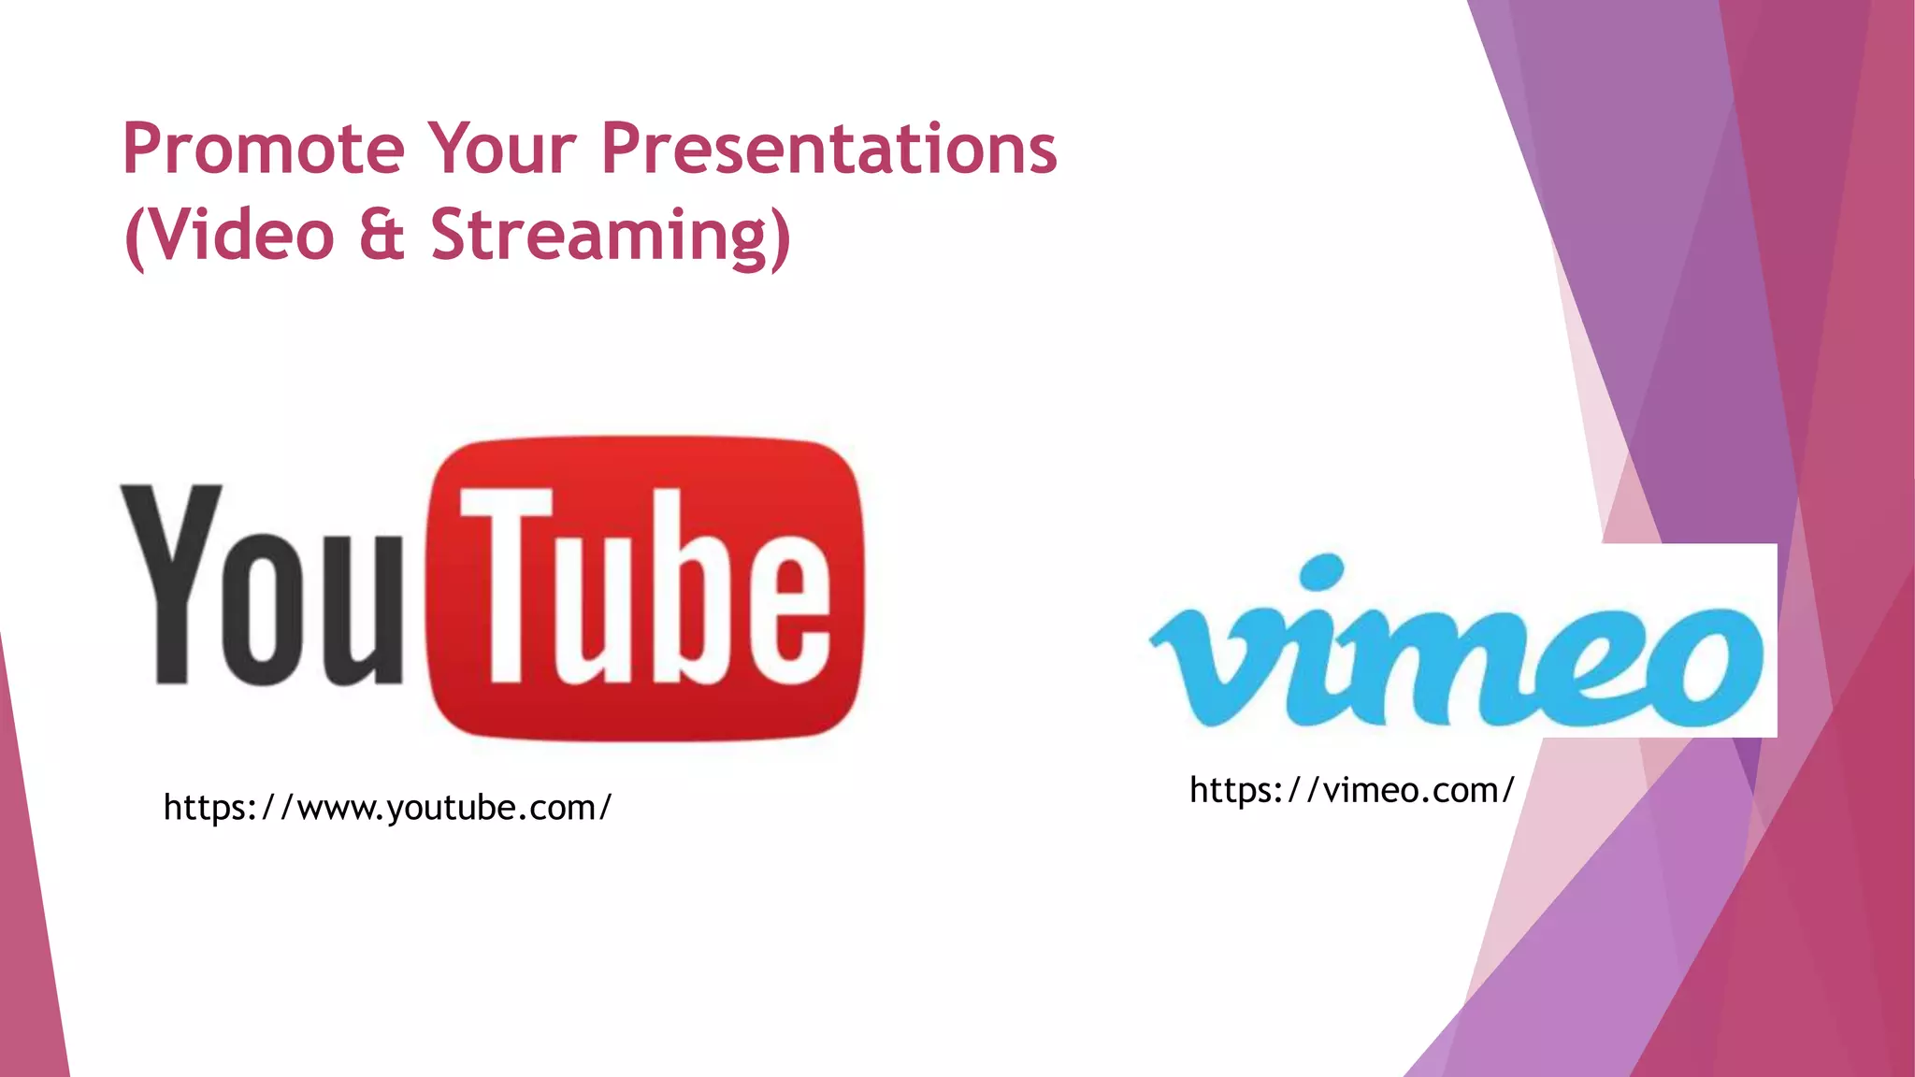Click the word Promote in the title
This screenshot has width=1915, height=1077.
[x=263, y=150]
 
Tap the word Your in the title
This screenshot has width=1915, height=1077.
[x=502, y=150]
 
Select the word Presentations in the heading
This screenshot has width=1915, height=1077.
[x=828, y=150]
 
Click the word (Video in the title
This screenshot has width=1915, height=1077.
[x=229, y=236]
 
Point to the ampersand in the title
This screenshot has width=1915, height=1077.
[x=382, y=236]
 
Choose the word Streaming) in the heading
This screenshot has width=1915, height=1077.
[x=611, y=236]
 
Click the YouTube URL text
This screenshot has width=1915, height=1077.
[x=387, y=808]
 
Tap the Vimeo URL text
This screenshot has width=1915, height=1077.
[x=1351, y=791]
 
